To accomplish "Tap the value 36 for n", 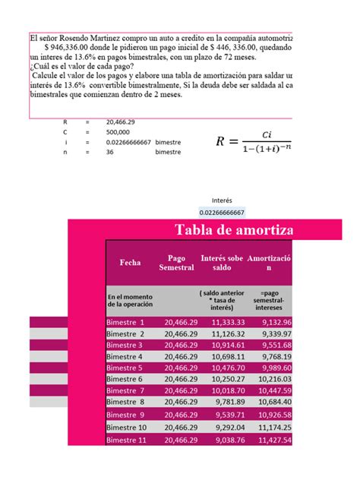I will click(112, 152).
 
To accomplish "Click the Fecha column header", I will click(130, 263).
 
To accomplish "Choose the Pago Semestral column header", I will click(176, 263).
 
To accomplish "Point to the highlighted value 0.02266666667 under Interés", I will click(222, 212).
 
